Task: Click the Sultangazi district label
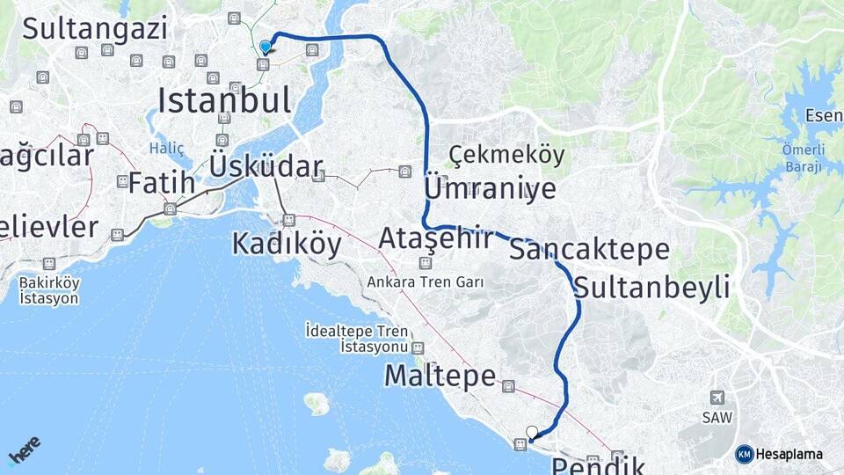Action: coord(95,28)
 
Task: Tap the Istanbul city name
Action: coord(224,101)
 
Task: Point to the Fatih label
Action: coord(162,183)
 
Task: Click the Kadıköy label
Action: coord(287,244)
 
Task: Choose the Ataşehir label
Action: coord(434,238)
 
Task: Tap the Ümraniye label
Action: coord(490,189)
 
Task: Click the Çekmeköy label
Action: coord(506,155)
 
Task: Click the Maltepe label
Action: coord(440,376)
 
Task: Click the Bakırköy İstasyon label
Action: coord(49,290)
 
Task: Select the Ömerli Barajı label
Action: coord(802,157)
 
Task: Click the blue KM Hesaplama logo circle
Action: coord(745,454)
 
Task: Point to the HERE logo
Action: coord(24,450)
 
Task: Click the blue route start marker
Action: coord(266,47)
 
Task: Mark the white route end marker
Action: coord(531,431)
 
